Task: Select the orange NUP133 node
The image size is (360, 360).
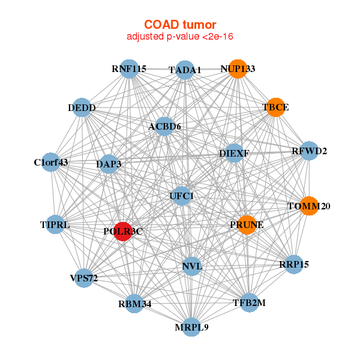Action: [238, 69]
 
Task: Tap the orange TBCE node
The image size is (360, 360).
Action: [275, 107]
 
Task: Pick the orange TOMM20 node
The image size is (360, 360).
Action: [308, 206]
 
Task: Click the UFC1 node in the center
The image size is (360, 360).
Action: [182, 196]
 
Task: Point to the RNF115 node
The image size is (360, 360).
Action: [129, 68]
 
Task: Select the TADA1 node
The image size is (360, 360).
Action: [185, 70]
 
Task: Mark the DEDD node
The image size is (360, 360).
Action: [82, 108]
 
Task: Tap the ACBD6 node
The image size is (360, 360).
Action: [164, 127]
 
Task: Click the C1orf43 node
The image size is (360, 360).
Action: [51, 162]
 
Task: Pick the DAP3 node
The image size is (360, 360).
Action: [109, 163]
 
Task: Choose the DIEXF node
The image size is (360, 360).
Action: [234, 153]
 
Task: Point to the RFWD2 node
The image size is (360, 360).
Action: [309, 151]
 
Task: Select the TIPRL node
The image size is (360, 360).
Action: [55, 225]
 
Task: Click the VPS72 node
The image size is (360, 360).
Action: [83, 278]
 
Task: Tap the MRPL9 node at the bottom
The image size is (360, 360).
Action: [191, 327]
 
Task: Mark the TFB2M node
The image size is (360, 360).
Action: [248, 303]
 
